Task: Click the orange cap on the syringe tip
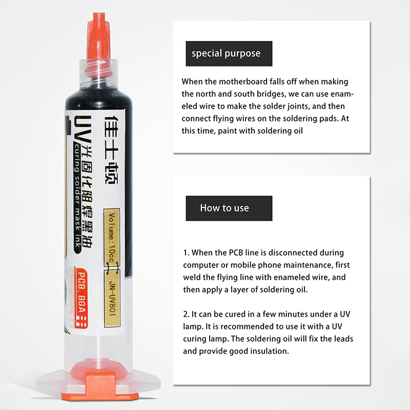click(99, 45)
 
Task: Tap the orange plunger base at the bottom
click(101, 386)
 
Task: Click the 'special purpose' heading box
click(229, 54)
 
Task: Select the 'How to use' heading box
click(229, 209)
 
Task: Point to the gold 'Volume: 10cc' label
click(112, 238)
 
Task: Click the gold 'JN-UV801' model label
click(112, 297)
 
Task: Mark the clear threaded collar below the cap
click(98, 74)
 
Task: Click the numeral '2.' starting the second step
click(187, 314)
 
